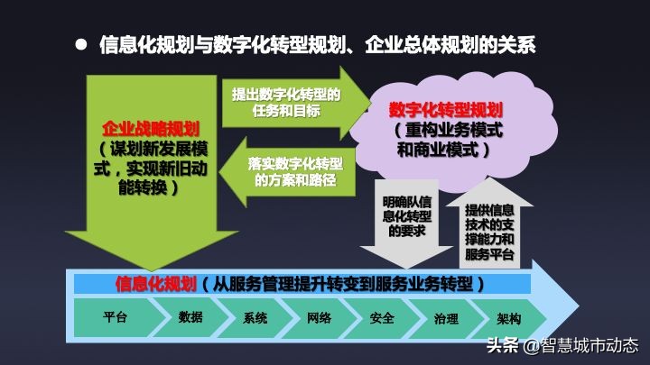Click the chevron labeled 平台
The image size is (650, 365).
click(115, 318)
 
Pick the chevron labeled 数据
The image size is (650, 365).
click(190, 318)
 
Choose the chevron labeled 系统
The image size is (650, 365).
click(255, 318)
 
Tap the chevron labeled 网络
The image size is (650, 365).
click(319, 318)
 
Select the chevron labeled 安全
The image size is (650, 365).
click(382, 318)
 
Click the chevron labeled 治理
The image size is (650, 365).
click(445, 318)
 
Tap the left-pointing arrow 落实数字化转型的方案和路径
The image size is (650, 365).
click(289, 171)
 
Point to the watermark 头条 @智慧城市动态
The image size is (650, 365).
click(563, 346)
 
